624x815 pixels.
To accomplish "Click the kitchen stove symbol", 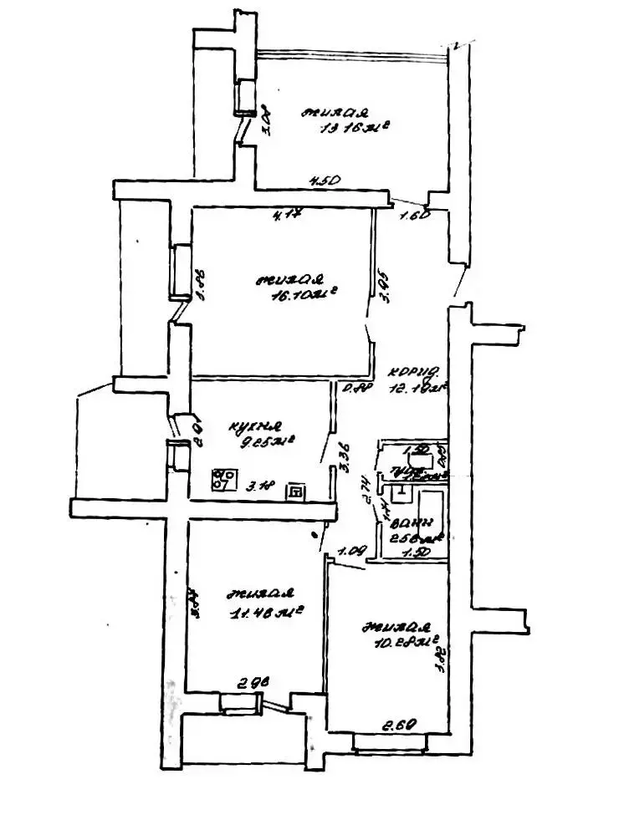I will [223, 481].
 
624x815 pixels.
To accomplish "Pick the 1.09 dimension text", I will [350, 551].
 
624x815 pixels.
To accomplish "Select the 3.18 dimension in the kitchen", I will [261, 490].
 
